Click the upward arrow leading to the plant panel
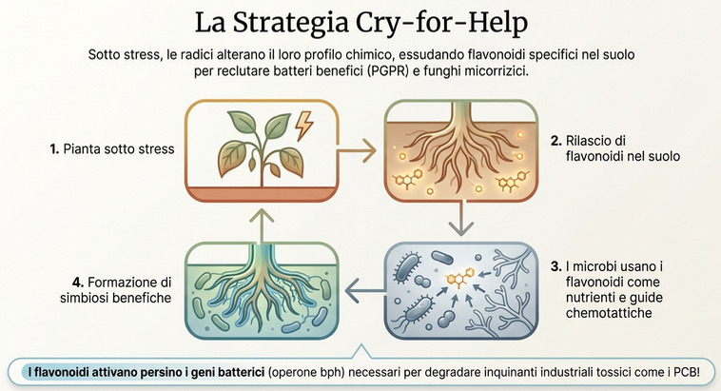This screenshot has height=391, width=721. [256, 221]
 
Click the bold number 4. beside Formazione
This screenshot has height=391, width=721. [78, 282]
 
